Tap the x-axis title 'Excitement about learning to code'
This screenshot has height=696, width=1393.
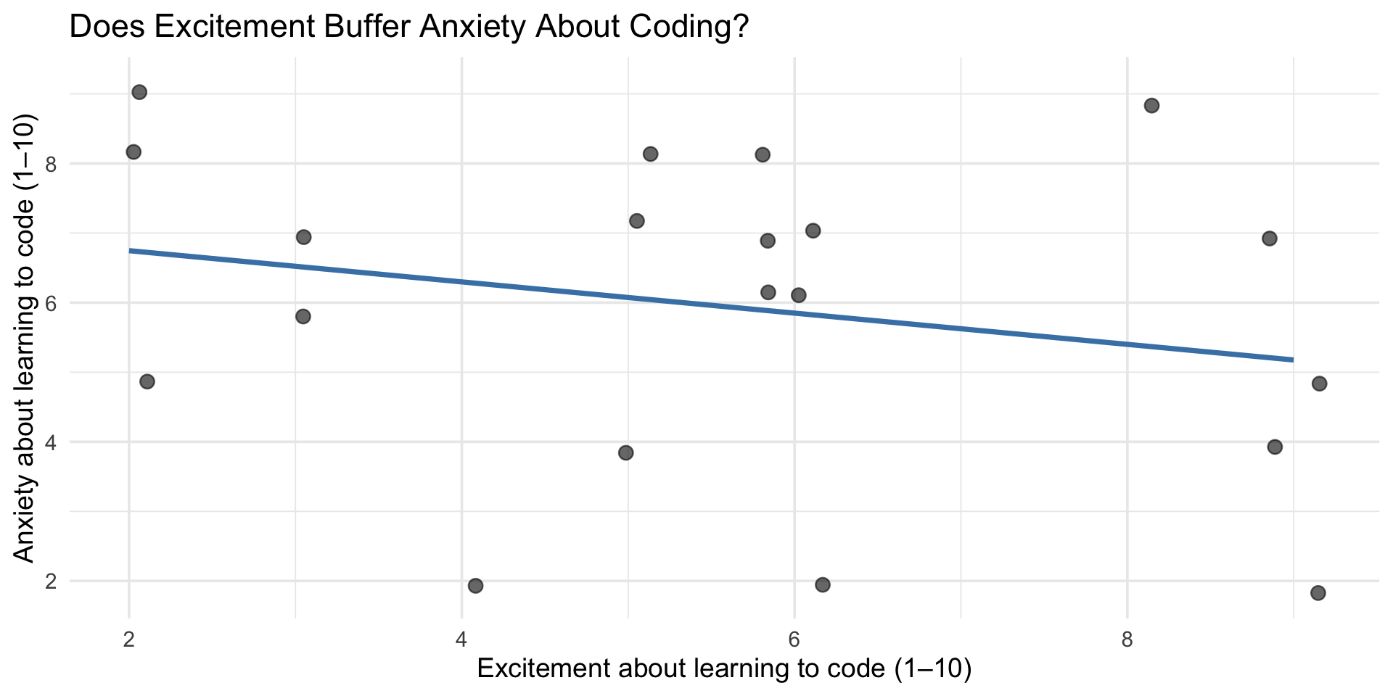tap(723, 668)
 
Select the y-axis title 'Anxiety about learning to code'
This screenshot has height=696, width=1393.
tap(25, 338)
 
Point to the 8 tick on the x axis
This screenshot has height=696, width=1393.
tap(1126, 639)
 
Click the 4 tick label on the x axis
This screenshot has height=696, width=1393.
tap(461, 639)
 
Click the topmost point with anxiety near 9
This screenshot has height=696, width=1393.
tap(139, 92)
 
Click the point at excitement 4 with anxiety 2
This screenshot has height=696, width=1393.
tap(475, 586)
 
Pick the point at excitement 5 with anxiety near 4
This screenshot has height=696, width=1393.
tap(625, 453)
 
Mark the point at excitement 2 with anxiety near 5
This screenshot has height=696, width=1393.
tap(147, 382)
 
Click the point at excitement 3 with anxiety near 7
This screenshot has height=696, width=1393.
tap(303, 237)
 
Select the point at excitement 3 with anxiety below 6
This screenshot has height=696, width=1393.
tap(303, 317)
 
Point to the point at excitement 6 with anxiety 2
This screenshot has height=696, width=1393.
tap(823, 585)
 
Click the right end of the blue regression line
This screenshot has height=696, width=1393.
tap(1292, 360)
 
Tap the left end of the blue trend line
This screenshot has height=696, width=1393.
tap(130, 251)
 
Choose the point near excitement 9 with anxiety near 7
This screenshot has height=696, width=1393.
tap(1269, 239)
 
